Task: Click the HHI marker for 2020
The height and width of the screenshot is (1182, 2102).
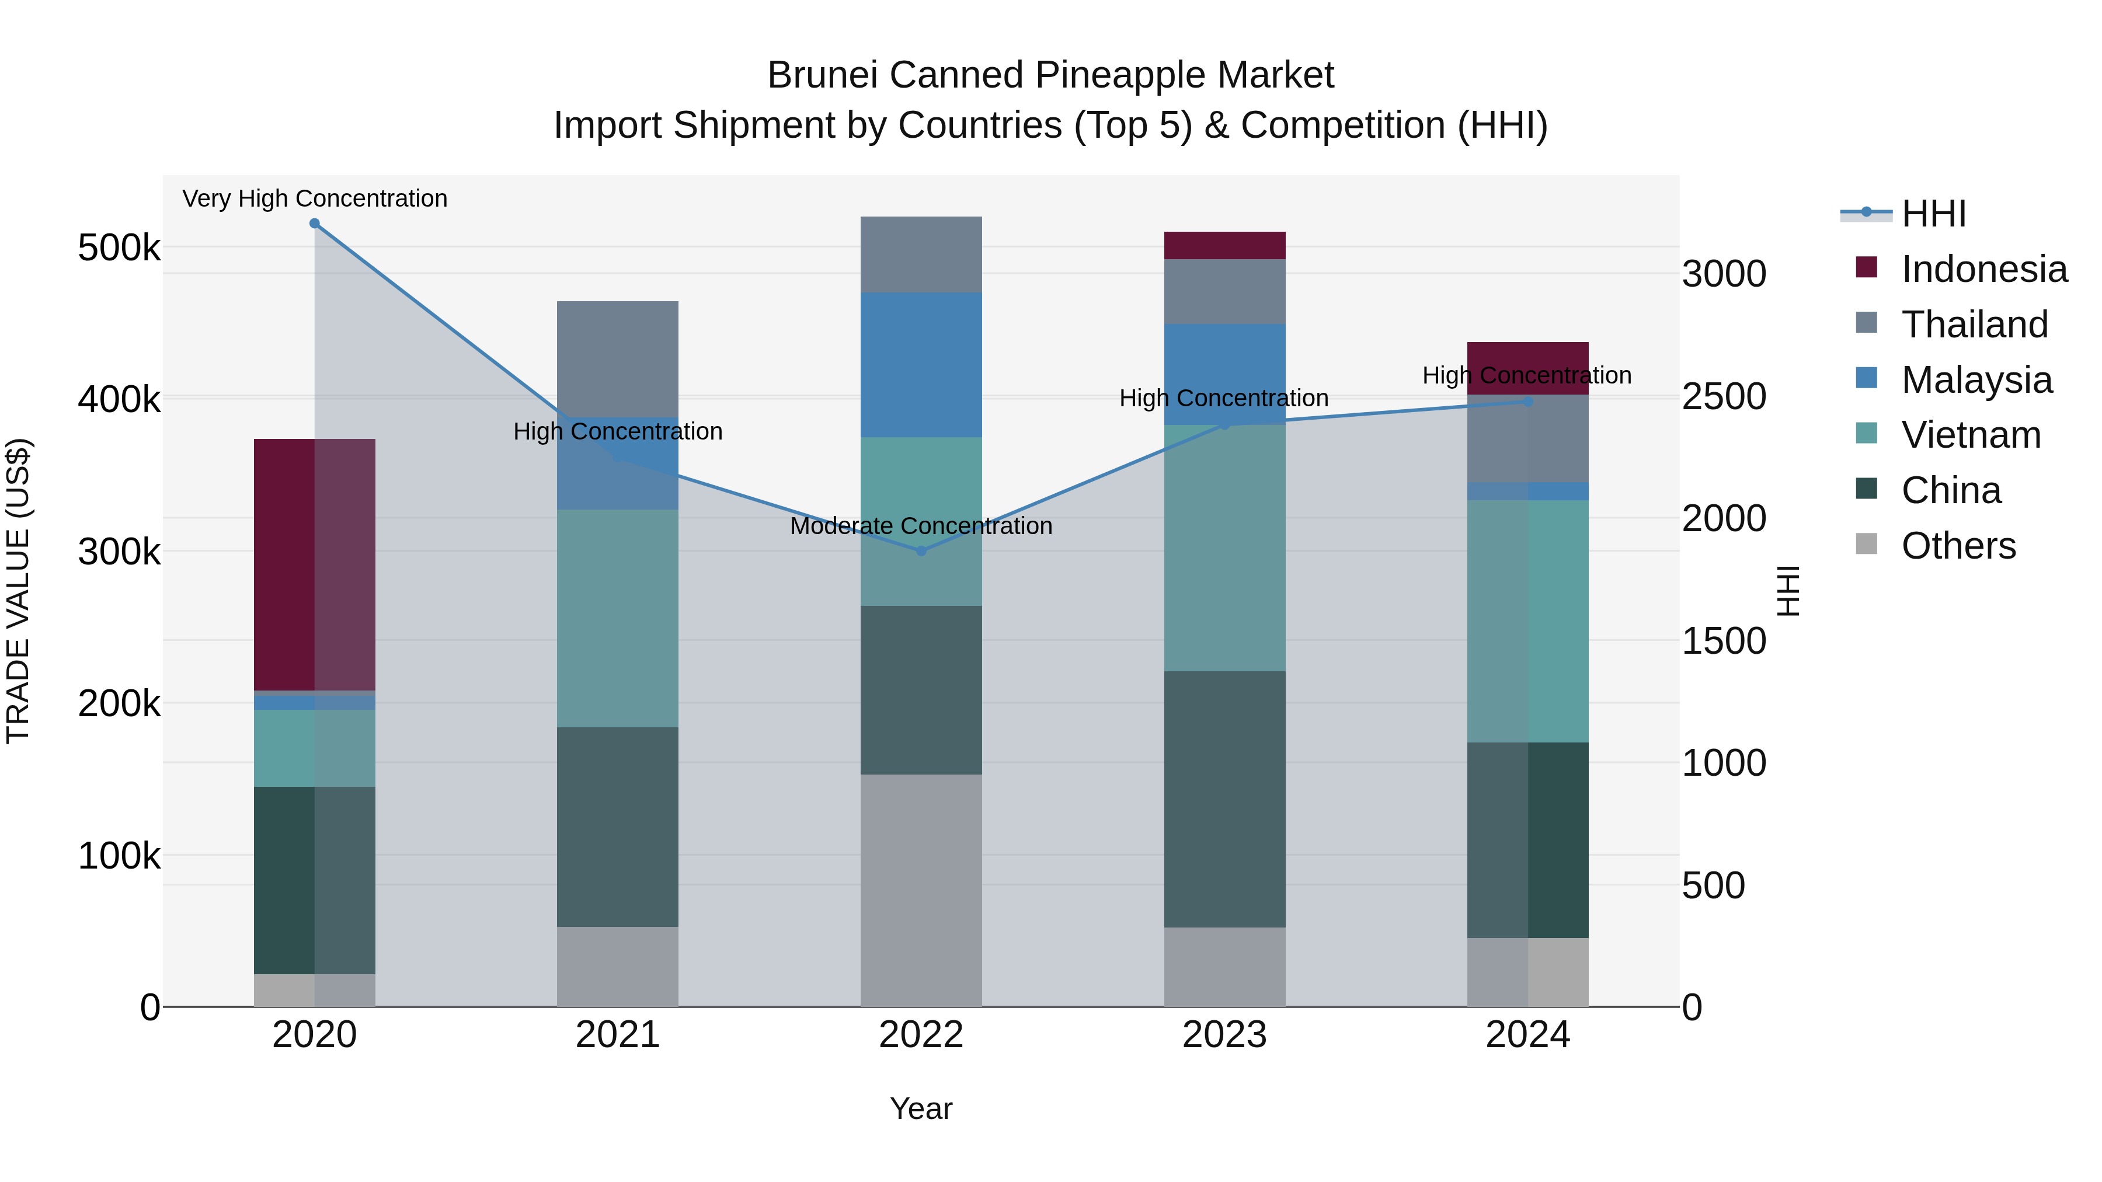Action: click(314, 224)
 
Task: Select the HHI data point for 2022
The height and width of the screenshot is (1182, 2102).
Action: click(921, 550)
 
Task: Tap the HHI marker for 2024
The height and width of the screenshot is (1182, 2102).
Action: click(1529, 402)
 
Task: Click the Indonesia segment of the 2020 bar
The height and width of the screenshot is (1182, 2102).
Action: click(314, 564)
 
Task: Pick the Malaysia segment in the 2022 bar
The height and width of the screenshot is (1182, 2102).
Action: click(921, 365)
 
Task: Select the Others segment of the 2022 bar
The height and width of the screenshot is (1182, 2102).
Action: click(921, 890)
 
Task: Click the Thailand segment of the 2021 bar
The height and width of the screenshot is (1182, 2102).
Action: click(618, 359)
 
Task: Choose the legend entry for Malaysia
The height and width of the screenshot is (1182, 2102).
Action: click(1975, 380)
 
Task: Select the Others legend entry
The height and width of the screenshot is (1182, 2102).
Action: click(1958, 546)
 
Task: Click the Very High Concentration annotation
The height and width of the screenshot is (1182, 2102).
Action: click(314, 198)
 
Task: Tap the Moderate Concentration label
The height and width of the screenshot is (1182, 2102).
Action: click(921, 526)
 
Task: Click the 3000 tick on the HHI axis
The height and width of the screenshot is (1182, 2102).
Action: click(1724, 274)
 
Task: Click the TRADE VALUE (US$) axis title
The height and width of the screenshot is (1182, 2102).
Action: click(18, 591)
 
